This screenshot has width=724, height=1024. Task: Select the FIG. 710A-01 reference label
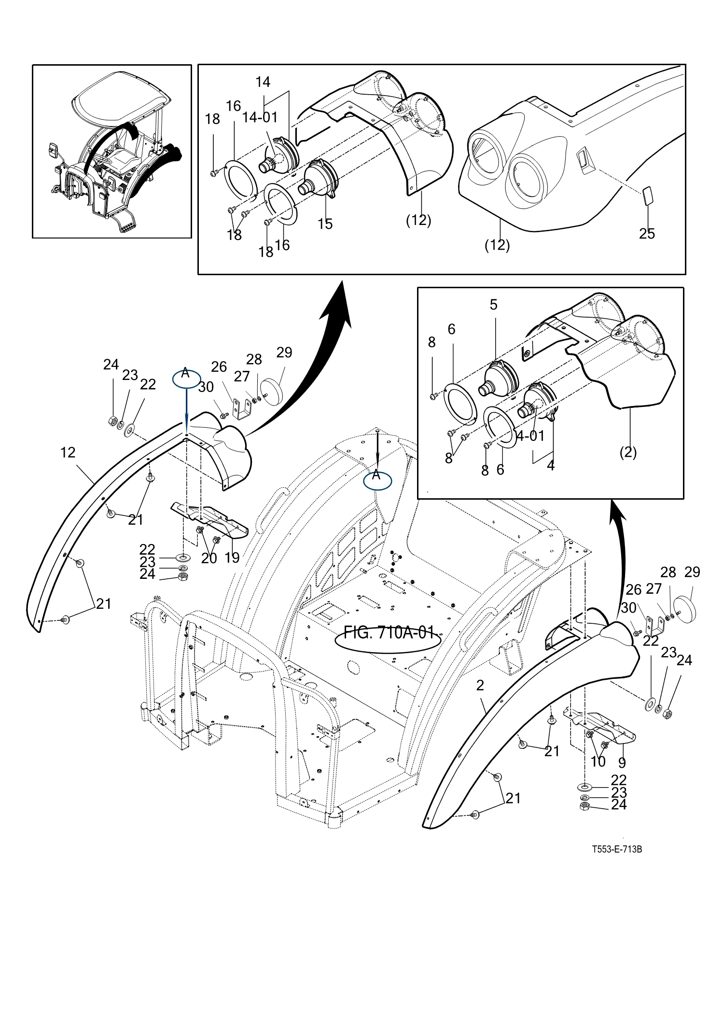389,632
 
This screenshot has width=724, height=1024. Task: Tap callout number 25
647,233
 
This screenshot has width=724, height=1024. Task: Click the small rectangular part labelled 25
648,197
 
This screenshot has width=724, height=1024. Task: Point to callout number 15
325,224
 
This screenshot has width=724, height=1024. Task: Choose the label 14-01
260,117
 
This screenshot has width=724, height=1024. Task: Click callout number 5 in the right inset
493,305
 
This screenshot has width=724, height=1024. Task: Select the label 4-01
530,436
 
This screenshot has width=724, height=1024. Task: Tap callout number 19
232,558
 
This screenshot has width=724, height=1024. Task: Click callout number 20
209,558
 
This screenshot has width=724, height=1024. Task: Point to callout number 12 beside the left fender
68,452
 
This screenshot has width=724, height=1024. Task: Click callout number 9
622,762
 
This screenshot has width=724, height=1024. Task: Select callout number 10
598,761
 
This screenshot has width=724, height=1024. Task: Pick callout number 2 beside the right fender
480,686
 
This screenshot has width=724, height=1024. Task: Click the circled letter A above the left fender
186,379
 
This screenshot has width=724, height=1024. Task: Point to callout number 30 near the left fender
206,387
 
